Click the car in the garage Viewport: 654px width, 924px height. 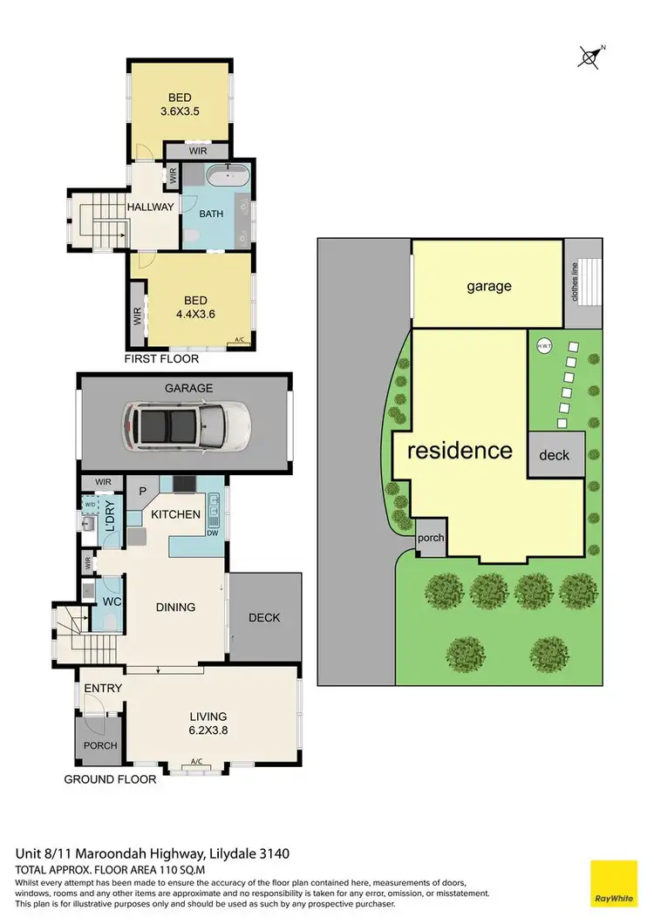[187, 426]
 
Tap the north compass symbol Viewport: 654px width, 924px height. [590, 57]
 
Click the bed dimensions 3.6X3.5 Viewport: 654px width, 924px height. [181, 112]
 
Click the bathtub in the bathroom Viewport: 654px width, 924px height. [228, 180]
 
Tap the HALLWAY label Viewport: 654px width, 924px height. [151, 207]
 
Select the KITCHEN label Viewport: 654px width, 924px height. [176, 515]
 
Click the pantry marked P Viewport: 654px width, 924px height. [141, 490]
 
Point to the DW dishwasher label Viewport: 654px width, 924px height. [212, 533]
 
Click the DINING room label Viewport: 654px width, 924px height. [175, 608]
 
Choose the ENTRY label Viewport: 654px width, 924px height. [103, 689]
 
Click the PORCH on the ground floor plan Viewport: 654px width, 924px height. [99, 745]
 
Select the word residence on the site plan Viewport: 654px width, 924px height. [460, 451]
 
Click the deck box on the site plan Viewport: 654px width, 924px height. [555, 455]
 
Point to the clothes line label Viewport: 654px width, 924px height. [575, 282]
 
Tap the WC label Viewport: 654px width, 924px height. [111, 602]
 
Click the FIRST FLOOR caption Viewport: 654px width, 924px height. [161, 358]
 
